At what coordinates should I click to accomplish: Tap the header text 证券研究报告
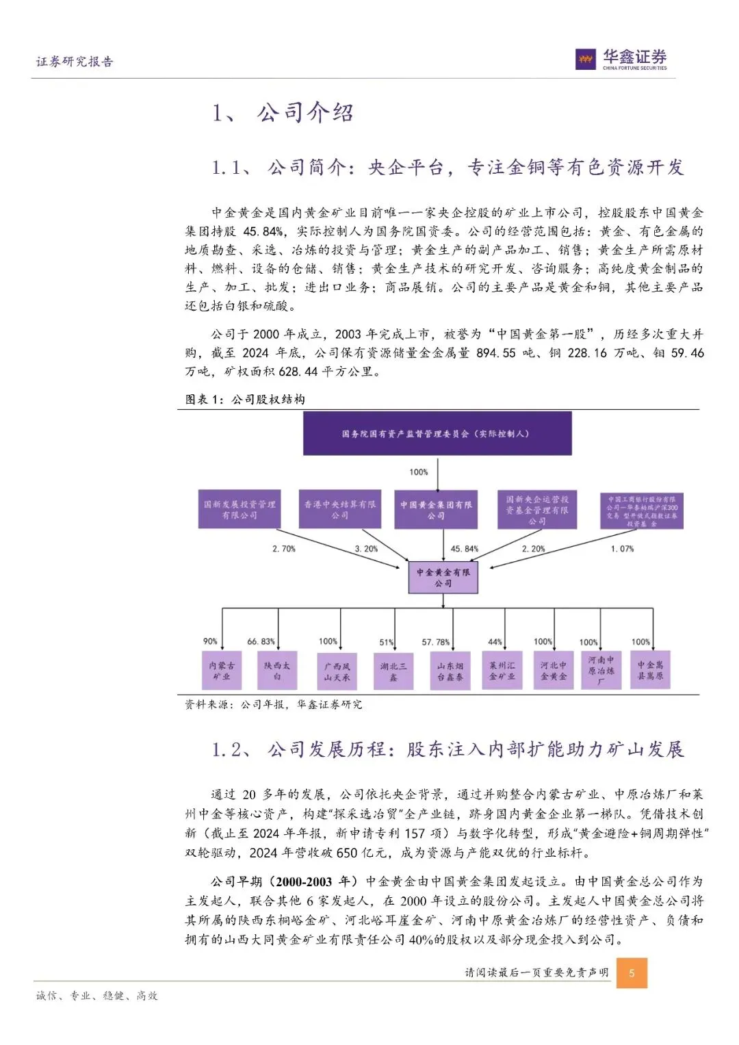point(75,62)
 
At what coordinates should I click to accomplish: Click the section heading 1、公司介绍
point(283,113)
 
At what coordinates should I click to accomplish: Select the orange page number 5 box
point(632,972)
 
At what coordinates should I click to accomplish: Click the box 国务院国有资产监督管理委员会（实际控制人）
point(437,434)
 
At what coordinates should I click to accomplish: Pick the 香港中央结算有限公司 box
point(340,509)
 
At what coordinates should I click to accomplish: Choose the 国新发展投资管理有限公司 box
point(239,509)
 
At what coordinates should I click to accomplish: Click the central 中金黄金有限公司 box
point(443,578)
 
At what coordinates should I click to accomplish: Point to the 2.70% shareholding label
point(284,549)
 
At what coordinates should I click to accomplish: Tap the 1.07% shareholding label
point(622,549)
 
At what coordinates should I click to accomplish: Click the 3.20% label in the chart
point(366,549)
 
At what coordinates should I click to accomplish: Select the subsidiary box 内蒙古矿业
point(222,671)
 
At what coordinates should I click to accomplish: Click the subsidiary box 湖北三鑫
point(393,671)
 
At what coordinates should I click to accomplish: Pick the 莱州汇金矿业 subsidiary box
point(502,671)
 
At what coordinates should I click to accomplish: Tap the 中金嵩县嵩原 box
point(650,671)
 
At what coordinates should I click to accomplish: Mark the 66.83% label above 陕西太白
point(261,642)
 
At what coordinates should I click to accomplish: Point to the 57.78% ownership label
point(435,642)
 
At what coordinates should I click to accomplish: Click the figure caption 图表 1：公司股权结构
point(245,400)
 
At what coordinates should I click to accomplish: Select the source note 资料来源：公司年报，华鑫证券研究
point(274,704)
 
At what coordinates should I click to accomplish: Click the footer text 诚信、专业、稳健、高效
point(96,996)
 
